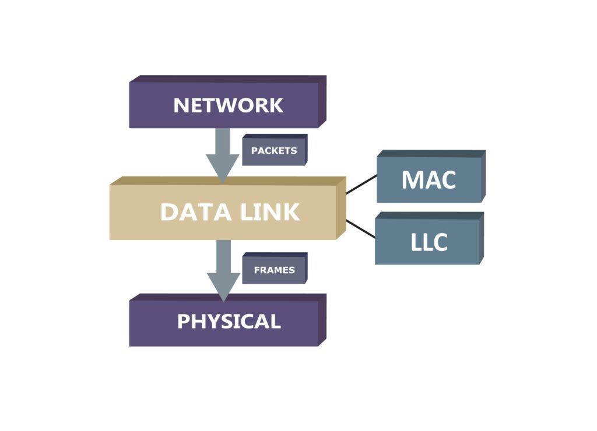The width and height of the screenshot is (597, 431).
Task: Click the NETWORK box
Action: click(x=227, y=105)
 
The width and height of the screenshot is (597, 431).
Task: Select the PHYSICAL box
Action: click(x=227, y=322)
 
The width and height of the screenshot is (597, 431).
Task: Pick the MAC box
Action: click(x=429, y=179)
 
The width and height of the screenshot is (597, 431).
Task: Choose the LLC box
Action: click(x=429, y=242)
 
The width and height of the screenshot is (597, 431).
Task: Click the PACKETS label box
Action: click(x=273, y=151)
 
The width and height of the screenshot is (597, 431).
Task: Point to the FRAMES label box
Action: click(x=273, y=270)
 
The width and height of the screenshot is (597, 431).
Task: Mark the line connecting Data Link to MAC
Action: click(x=361, y=184)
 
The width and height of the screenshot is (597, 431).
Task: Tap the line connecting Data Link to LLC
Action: click(x=361, y=229)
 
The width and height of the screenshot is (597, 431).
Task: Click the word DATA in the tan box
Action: click(x=188, y=212)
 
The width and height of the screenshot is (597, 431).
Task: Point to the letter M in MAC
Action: click(x=412, y=180)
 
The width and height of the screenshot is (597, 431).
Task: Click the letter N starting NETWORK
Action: click(x=181, y=105)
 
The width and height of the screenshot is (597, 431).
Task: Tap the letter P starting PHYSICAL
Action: click(x=183, y=322)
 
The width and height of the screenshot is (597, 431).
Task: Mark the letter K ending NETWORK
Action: click(x=276, y=105)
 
